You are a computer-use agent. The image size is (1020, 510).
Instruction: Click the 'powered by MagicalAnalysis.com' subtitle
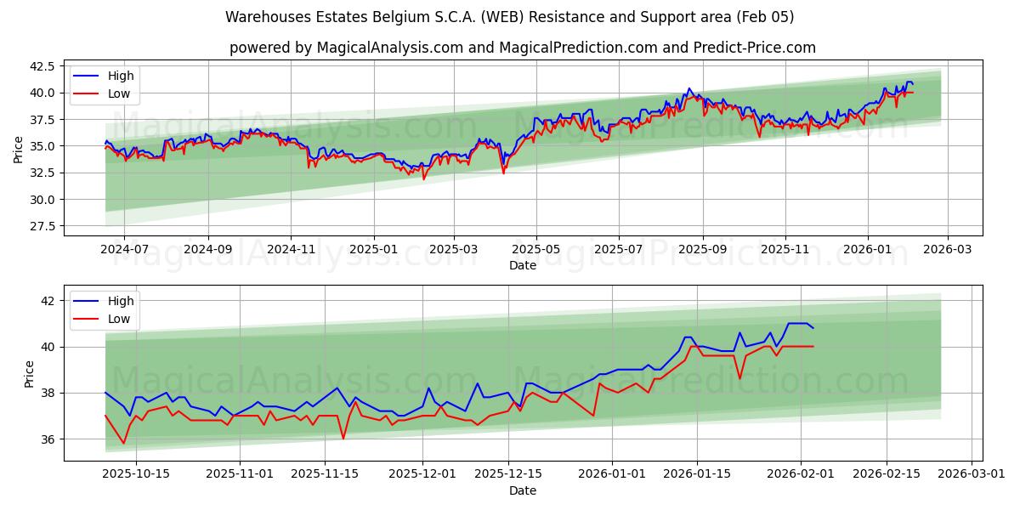[x=522, y=48]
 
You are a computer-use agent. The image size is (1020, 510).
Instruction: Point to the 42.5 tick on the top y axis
[x=42, y=66]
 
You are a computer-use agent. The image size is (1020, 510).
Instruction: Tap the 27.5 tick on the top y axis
[x=42, y=226]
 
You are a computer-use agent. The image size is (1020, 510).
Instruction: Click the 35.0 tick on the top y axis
[x=42, y=146]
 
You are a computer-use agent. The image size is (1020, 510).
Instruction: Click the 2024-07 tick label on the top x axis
[x=124, y=250]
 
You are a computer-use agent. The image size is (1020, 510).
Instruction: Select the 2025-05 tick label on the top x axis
[x=536, y=250]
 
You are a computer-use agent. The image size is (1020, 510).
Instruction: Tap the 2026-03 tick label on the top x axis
[x=947, y=250]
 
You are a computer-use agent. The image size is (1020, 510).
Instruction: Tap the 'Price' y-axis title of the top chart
[x=19, y=150]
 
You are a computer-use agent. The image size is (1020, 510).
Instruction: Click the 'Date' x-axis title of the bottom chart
[x=522, y=490]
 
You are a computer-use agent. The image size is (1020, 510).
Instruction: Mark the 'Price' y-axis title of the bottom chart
[x=30, y=374]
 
